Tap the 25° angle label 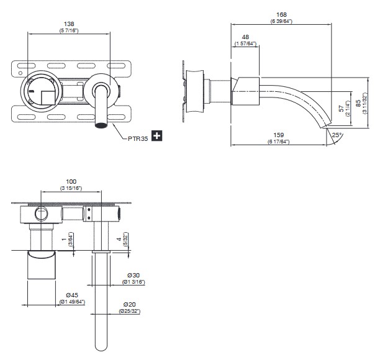[337, 135]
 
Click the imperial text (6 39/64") [281, 21]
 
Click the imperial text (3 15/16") [73, 188]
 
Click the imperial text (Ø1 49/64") [72, 302]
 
